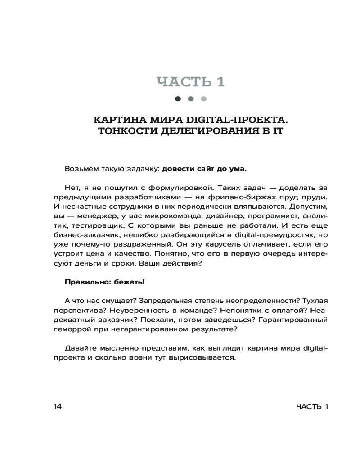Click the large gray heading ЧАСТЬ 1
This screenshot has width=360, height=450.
pos(190,82)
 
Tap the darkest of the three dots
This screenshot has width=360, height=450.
pos(178,99)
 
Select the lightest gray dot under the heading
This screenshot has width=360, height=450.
pos(203,99)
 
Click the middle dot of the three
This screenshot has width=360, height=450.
pos(190,99)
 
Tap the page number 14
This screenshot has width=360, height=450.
pos(58,407)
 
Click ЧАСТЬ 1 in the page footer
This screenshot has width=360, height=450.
pos(312,407)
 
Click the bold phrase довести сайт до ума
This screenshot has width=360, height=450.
pos(204,170)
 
